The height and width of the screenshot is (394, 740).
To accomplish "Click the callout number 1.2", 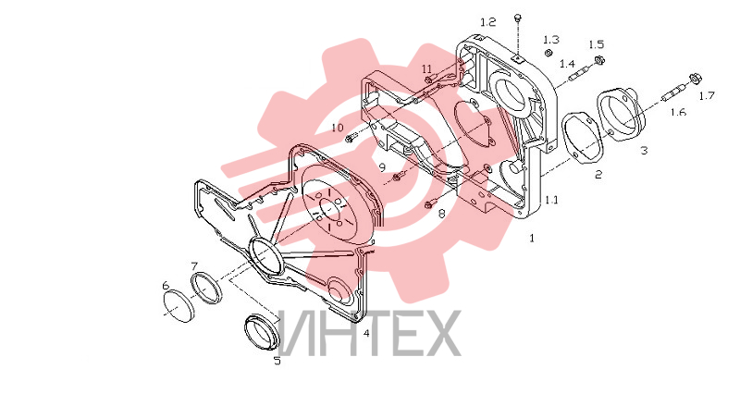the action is (488, 22).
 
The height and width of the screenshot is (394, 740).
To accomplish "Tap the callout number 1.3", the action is (550, 40).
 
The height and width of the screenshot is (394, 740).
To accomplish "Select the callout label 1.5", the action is (596, 44).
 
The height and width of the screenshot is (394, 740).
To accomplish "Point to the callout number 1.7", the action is (707, 96).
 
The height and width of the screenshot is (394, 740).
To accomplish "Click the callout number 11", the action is (426, 68).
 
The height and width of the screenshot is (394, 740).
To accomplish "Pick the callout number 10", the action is (338, 128).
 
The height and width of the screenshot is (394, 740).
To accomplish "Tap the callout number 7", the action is (193, 265).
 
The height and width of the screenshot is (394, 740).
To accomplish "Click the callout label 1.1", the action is (551, 200).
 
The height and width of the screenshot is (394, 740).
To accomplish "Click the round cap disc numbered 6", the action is (179, 305).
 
